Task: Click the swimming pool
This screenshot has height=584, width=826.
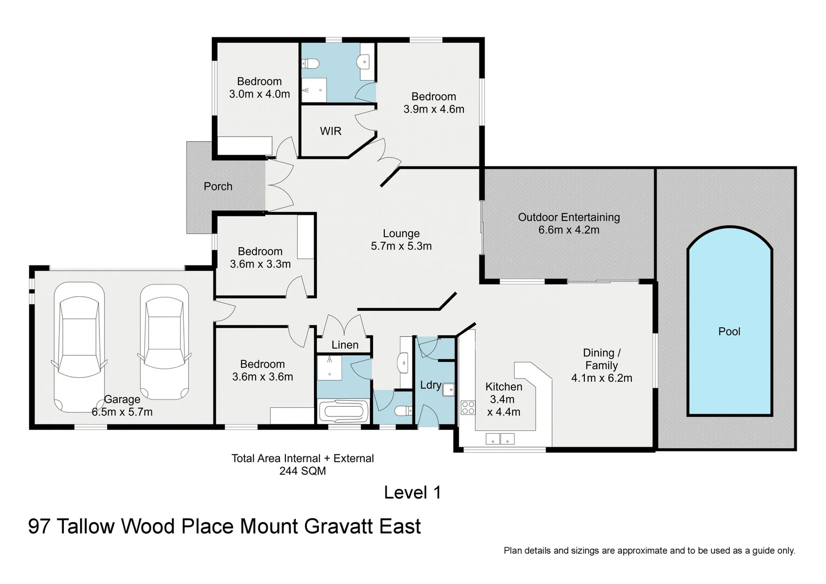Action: (x=729, y=324)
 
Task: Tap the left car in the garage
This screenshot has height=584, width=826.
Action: (x=79, y=346)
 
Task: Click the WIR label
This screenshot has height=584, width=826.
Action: (x=330, y=131)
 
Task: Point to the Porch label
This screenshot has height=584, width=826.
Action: (x=218, y=187)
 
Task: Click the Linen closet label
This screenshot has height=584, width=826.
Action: (x=345, y=345)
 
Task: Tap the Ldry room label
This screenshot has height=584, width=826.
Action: (x=430, y=385)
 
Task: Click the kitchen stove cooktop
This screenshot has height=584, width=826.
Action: (x=468, y=408)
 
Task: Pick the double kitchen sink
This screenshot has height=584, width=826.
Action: (x=500, y=439)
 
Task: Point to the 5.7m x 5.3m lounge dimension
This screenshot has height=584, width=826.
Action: (x=401, y=247)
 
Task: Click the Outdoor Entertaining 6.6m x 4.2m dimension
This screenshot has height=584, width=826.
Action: (x=569, y=230)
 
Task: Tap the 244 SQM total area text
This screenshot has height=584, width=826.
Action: (x=302, y=471)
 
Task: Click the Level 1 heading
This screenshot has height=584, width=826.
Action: (x=412, y=493)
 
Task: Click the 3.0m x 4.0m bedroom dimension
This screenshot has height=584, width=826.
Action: (x=259, y=94)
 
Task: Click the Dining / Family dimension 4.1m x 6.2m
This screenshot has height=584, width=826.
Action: (x=602, y=379)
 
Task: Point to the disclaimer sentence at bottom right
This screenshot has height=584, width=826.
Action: (x=649, y=550)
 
